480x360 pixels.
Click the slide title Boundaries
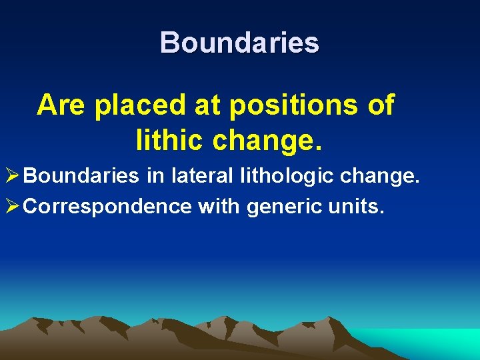click(239, 43)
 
